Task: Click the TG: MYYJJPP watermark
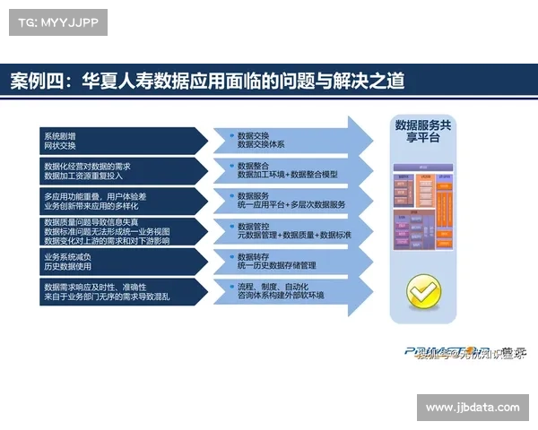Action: tap(56, 21)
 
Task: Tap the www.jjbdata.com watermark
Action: tap(473, 408)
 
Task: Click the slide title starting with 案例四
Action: tap(207, 81)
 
